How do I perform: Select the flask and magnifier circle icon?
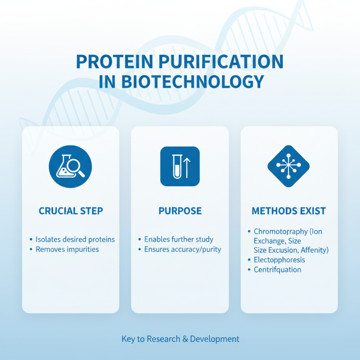[70, 166]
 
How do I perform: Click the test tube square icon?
[180, 166]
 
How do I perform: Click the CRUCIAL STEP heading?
[71, 211]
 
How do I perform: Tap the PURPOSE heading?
[180, 211]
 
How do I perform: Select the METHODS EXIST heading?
[289, 211]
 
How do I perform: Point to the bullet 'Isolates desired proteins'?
[75, 239]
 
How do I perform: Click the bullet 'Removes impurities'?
[67, 249]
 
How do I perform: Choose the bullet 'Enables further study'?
[179, 239]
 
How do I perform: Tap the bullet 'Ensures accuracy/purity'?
[183, 249]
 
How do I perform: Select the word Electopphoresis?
[279, 260]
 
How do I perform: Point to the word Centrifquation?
[277, 270]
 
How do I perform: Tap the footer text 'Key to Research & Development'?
[180, 339]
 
